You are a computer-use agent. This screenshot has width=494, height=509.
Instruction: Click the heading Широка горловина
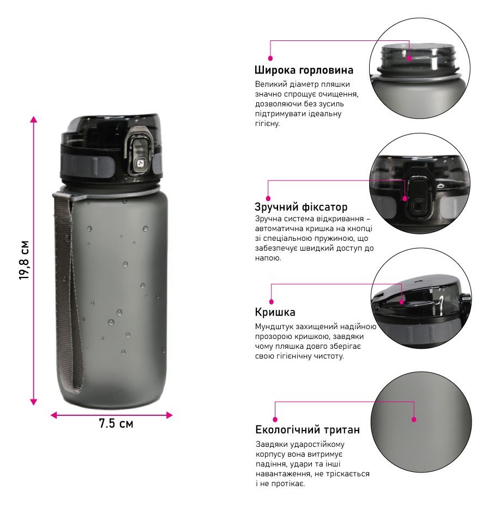click(x=304, y=70)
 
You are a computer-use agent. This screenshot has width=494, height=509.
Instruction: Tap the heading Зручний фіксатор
click(x=301, y=207)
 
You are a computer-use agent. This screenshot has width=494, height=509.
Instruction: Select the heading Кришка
click(x=275, y=312)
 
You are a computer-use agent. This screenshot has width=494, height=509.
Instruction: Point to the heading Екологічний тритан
click(x=308, y=430)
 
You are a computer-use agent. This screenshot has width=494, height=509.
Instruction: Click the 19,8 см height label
click(x=25, y=260)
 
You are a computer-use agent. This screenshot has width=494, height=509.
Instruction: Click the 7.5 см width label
click(x=116, y=423)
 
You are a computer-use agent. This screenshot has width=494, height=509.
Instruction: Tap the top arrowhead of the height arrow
click(x=33, y=119)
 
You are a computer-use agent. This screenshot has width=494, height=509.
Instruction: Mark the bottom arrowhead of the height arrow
click(x=33, y=402)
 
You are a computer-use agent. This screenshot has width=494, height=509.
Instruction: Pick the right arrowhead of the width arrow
click(x=169, y=415)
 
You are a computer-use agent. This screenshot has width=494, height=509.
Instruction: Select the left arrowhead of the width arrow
click(x=54, y=415)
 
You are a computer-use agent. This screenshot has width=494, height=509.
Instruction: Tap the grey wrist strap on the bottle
click(x=69, y=292)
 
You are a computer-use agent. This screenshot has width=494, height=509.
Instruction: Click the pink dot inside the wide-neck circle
click(x=409, y=58)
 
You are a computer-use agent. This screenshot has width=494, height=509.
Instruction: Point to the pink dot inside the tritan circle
click(x=414, y=420)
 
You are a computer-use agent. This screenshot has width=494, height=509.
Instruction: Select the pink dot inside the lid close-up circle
click(x=401, y=302)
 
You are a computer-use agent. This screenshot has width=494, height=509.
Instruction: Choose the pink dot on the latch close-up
click(x=405, y=198)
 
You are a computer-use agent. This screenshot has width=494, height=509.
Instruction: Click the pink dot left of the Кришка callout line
click(x=272, y=301)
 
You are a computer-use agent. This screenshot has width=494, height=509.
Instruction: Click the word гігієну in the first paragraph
click(x=267, y=124)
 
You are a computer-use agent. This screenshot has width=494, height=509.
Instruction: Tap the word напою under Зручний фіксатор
click(x=268, y=258)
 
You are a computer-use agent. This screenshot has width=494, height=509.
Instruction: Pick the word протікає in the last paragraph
click(x=288, y=484)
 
